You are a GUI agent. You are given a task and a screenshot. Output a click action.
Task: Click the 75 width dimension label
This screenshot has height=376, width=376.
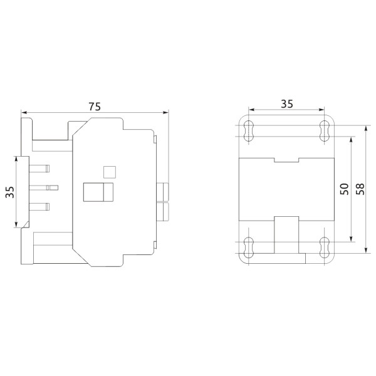tap(95, 107)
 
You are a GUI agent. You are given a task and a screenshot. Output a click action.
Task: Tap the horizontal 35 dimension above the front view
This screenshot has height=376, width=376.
tap(286, 105)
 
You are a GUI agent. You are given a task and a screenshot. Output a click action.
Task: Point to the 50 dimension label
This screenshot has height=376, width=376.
tap(344, 190)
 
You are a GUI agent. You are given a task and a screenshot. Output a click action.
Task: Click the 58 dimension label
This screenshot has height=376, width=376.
tap(360, 190)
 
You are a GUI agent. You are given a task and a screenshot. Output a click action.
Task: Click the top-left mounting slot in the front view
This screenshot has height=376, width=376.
tap(249, 131)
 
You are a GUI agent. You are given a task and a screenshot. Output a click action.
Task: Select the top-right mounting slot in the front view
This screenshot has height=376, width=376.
tap(324, 131)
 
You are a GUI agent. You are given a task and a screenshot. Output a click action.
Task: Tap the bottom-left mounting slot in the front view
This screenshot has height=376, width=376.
tap(249, 248)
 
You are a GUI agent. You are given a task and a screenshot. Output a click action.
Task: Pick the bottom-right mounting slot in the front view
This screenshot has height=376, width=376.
tap(324, 248)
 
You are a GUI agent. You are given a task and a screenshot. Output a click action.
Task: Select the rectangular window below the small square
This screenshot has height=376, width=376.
tap(98, 192)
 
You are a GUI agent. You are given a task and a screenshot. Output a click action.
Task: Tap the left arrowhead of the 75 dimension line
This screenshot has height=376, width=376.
tap(24, 114)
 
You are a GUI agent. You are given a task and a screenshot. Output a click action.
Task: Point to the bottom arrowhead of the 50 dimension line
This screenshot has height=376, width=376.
tap(350, 240)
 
